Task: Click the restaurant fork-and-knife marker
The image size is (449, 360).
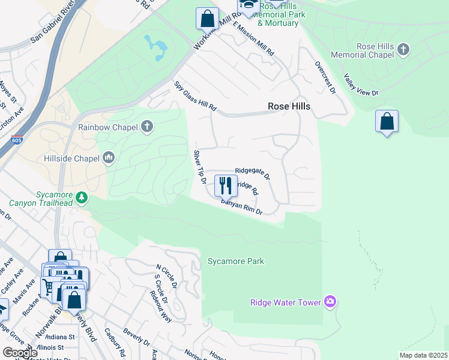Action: [226, 185]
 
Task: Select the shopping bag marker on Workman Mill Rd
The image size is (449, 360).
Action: [207, 18]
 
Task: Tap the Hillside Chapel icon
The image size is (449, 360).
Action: [109, 157]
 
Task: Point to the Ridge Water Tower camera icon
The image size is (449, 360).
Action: [329, 301]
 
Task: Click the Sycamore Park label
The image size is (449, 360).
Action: [236, 261]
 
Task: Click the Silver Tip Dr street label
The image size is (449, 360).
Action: [199, 167]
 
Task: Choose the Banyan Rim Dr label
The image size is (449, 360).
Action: [242, 208]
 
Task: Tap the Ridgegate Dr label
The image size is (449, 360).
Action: [253, 173]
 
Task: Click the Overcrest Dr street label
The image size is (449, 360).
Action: [325, 77]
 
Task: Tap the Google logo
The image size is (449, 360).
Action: [20, 353]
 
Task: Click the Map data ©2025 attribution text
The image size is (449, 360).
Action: [423, 355]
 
